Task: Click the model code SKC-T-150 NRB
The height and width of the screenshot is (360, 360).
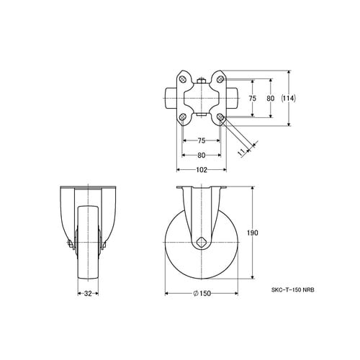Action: [x=292, y=290]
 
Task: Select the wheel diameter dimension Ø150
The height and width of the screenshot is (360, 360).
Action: [x=202, y=293]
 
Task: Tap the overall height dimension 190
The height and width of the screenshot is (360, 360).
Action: [x=253, y=233]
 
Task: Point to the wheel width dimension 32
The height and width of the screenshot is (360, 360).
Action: [x=88, y=293]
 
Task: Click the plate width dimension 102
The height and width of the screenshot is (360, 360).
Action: [x=202, y=170]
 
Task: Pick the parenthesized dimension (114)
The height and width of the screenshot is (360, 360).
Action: [x=289, y=98]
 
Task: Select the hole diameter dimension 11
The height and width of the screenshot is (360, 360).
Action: [x=242, y=152]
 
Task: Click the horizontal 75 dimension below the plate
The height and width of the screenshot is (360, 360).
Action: [x=202, y=140]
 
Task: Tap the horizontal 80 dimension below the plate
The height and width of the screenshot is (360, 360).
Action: [x=202, y=156]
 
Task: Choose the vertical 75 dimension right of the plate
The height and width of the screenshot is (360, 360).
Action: [x=252, y=98]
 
